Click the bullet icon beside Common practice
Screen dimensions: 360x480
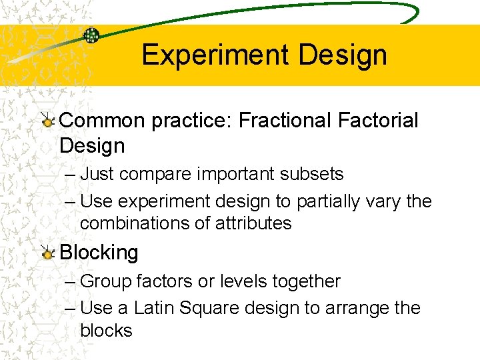click(x=47, y=121)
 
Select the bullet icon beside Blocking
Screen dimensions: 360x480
click(x=47, y=253)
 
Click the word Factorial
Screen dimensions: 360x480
click(x=378, y=121)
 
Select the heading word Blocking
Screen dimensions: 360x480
click(x=99, y=253)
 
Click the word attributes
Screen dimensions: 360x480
click(x=254, y=223)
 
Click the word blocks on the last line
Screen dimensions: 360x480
click(x=106, y=330)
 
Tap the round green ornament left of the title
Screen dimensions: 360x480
click(x=91, y=35)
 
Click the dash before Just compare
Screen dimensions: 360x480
click(x=71, y=175)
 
